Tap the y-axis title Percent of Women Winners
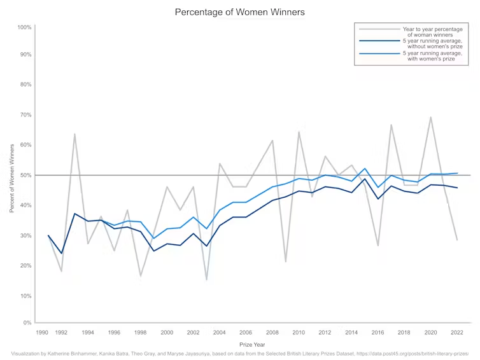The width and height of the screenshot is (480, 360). (x=12, y=178)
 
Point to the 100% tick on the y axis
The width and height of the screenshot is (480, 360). (x=24, y=27)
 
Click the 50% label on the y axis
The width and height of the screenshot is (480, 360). (x=25, y=175)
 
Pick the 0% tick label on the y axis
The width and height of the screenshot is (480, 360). (x=27, y=323)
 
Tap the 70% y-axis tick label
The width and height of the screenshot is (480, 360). (x=25, y=115)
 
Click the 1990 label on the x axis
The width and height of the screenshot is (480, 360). (x=43, y=333)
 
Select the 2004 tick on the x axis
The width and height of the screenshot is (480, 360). (x=220, y=333)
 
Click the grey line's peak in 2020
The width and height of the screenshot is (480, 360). (x=431, y=117)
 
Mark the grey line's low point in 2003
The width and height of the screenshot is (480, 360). (x=206, y=279)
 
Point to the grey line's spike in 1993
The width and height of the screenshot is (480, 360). (x=74, y=134)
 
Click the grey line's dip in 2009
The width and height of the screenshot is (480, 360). (x=286, y=261)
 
